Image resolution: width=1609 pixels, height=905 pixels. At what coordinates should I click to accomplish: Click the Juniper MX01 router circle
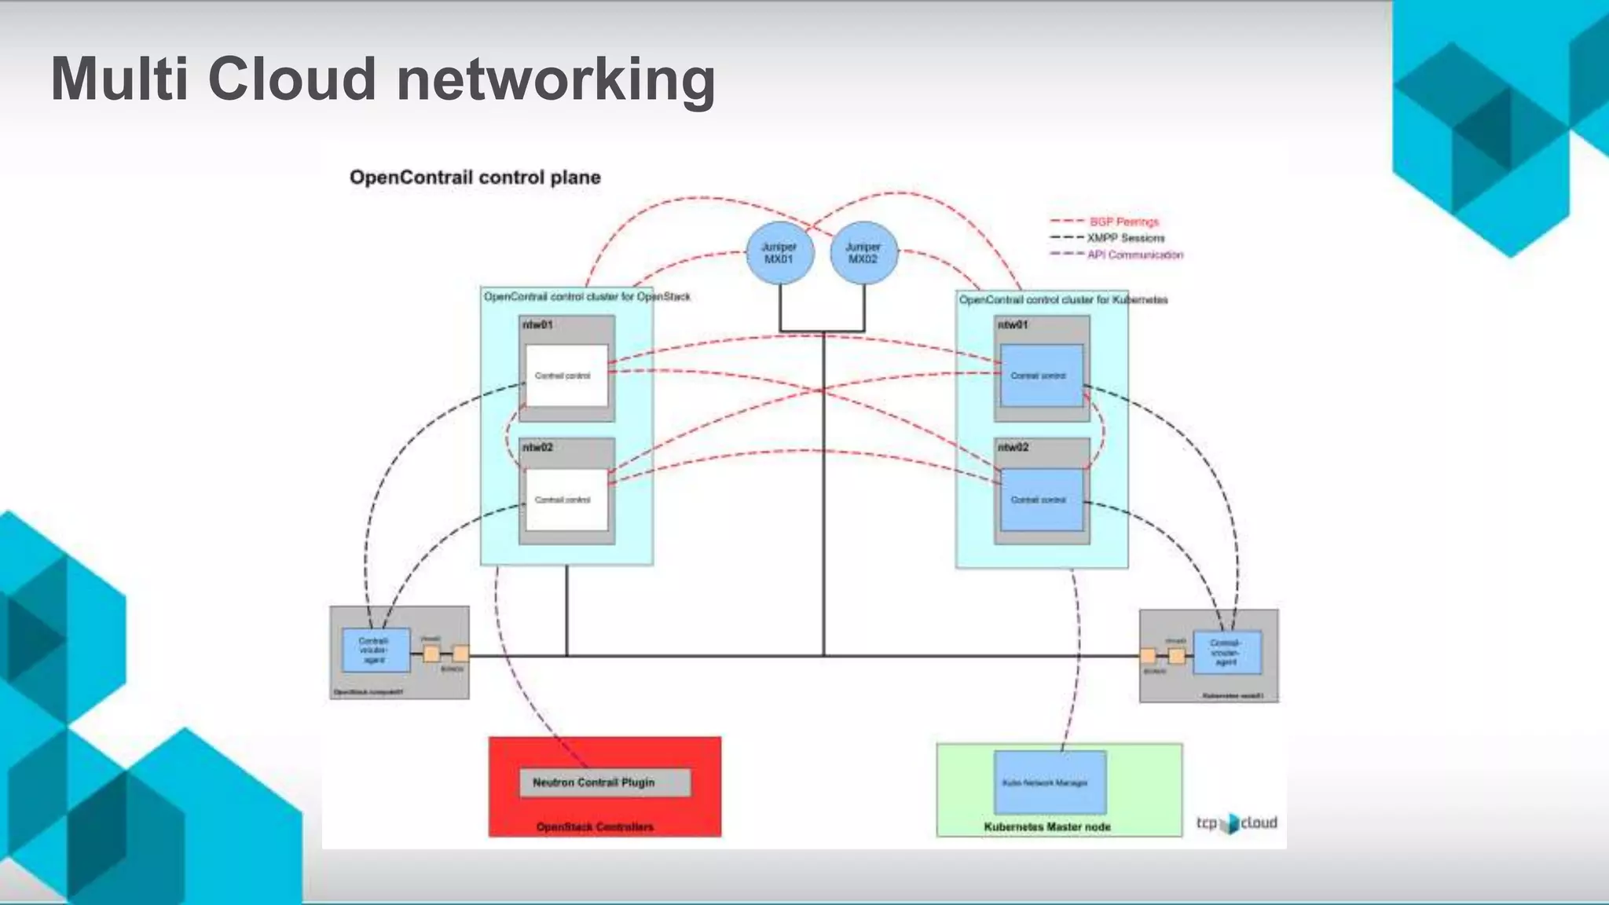click(x=779, y=253)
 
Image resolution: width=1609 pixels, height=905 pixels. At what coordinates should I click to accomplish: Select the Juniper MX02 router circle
click(x=863, y=253)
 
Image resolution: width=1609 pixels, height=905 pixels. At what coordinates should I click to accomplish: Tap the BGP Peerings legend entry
click(x=1123, y=222)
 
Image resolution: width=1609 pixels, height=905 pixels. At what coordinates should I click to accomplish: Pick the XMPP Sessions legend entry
click(x=1125, y=238)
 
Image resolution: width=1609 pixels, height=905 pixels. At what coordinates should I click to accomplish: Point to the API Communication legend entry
click(x=1134, y=255)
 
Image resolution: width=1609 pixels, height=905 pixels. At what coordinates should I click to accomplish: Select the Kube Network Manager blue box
click(x=1050, y=782)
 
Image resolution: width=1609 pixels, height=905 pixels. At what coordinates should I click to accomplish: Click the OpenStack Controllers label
click(x=595, y=826)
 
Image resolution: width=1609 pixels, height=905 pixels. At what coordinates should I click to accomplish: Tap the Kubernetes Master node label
click(x=1046, y=826)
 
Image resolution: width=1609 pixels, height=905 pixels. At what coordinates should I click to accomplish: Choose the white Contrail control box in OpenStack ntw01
click(x=566, y=376)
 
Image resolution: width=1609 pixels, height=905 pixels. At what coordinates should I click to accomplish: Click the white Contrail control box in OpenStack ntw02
click(x=566, y=500)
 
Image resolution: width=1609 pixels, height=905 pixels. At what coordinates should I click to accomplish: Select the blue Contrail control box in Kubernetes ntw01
click(x=1041, y=376)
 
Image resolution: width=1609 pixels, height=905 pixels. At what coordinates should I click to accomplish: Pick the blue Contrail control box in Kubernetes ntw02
click(x=1041, y=500)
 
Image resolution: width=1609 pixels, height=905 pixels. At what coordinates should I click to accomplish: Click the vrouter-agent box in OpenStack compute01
click(x=376, y=650)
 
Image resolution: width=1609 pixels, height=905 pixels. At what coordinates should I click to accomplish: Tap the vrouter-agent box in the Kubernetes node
click(x=1226, y=652)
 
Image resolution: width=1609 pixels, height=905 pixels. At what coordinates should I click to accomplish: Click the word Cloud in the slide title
click(x=291, y=79)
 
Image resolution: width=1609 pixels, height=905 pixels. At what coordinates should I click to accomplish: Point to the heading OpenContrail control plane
click(x=475, y=178)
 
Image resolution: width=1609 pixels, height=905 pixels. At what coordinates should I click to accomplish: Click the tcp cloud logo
click(x=1237, y=823)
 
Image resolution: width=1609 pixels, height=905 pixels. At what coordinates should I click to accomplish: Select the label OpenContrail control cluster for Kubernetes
click(x=1063, y=299)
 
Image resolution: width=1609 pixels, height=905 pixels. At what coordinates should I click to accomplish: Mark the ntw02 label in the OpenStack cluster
click(x=538, y=447)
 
